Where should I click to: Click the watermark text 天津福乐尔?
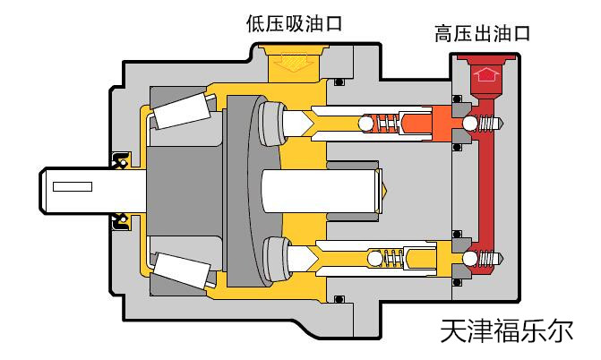(502, 331)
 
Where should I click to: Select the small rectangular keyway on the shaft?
(73, 187)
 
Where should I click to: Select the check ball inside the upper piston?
(366, 123)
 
